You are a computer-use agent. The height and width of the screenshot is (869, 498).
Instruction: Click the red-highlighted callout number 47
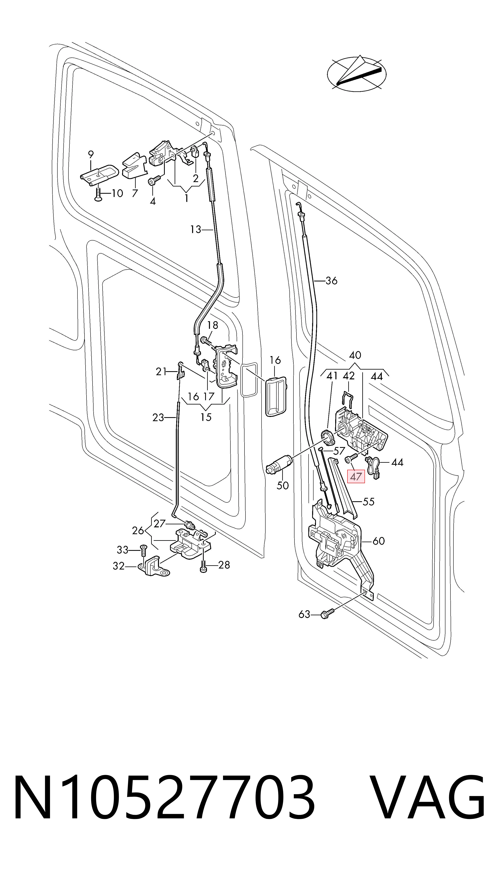click(x=356, y=476)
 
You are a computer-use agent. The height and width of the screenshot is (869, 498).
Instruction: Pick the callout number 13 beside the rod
click(x=196, y=229)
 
